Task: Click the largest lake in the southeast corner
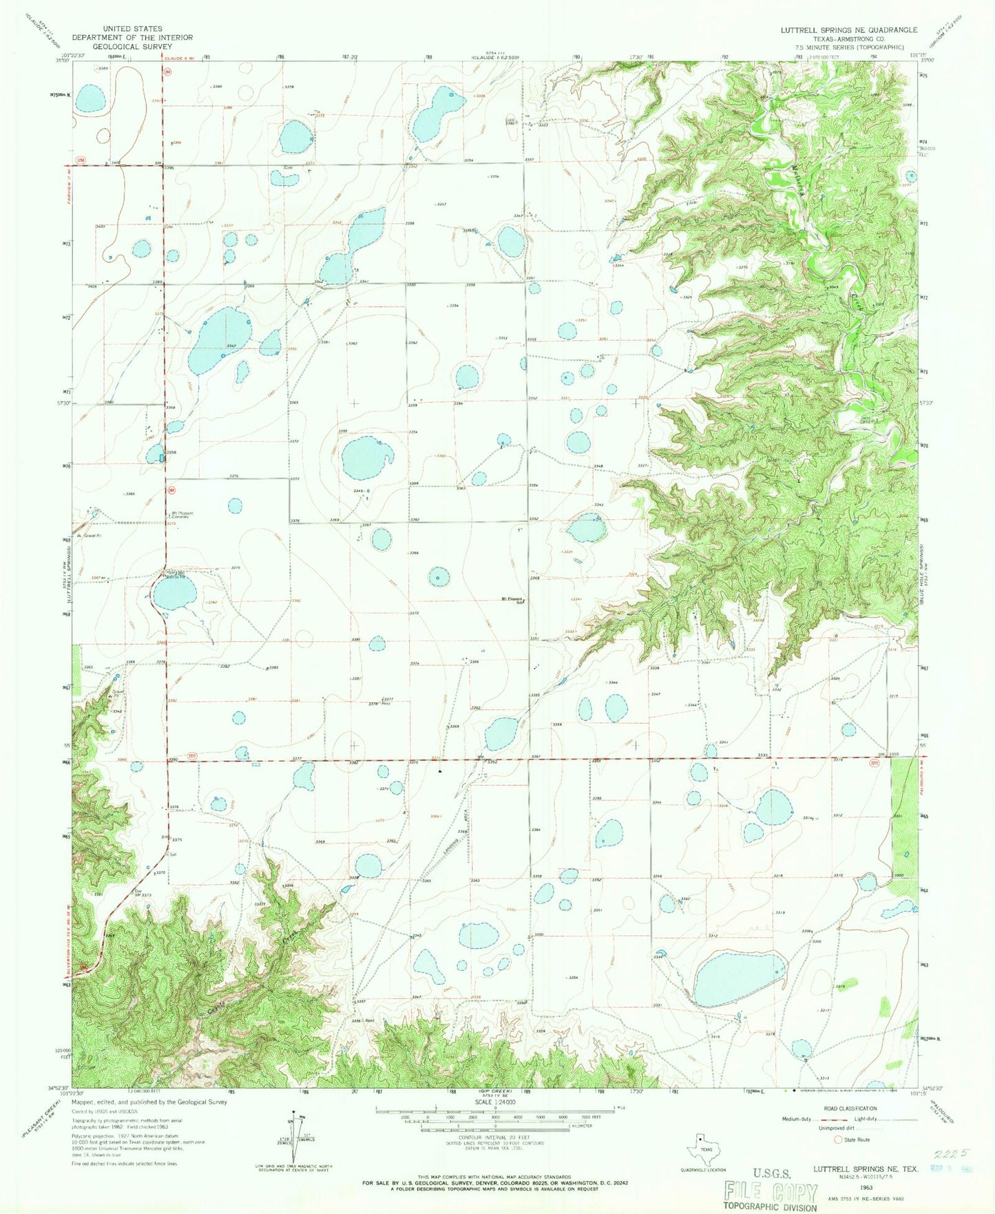click(x=737, y=978)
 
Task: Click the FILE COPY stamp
click(x=771, y=1192)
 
